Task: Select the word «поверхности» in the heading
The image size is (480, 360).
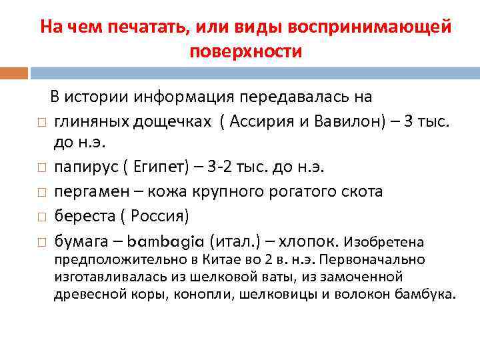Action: (246, 51)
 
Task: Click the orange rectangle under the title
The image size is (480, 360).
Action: (13, 73)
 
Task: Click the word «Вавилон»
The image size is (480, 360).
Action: (341, 121)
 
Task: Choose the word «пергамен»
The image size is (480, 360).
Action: (86, 192)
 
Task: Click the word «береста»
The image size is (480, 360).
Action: (81, 215)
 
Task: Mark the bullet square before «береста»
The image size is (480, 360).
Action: (41, 216)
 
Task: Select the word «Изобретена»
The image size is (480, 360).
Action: (384, 241)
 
